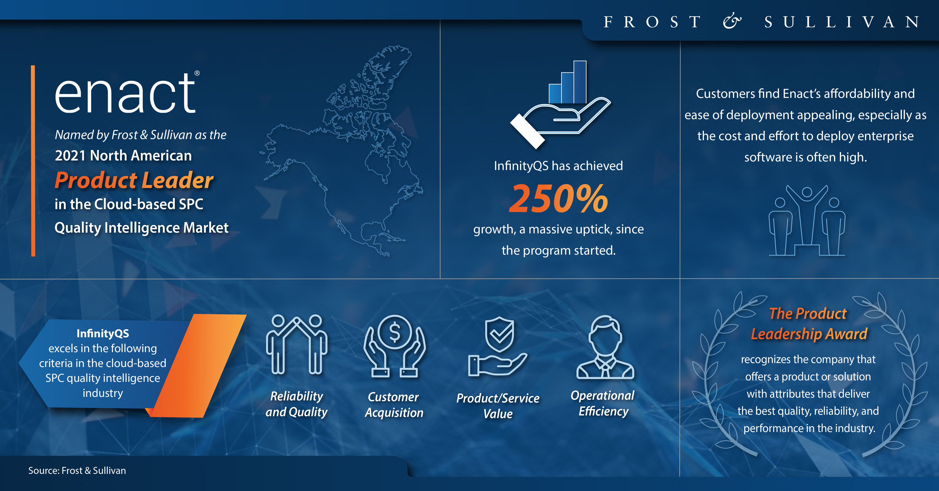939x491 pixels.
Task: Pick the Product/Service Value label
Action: click(498, 406)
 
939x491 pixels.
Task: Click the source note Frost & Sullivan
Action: click(77, 471)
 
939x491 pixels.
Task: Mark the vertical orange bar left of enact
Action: click(33, 161)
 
